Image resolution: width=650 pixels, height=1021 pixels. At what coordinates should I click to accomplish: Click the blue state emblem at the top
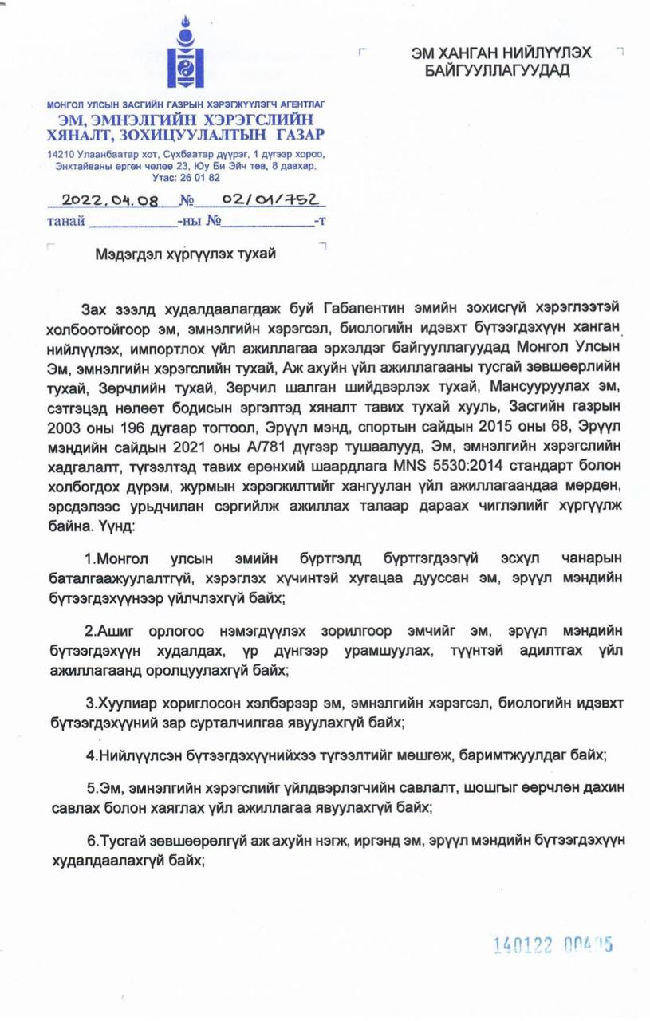click(186, 55)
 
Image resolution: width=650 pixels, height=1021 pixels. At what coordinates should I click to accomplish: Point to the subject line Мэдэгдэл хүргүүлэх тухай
click(185, 253)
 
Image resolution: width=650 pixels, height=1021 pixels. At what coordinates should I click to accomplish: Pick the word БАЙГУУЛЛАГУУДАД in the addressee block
click(499, 72)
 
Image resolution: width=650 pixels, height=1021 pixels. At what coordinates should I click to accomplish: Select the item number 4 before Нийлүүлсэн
click(90, 755)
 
